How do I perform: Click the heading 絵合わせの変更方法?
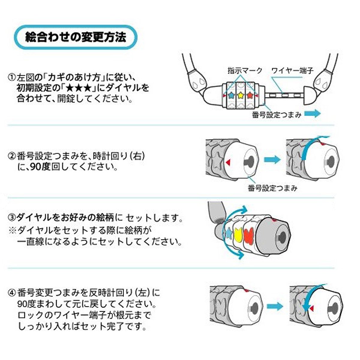(x=76, y=37)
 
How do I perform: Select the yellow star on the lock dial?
(x=240, y=95)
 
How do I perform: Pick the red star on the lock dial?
(x=250, y=95)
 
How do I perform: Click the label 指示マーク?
(x=245, y=70)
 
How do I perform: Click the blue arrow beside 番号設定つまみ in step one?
(x=313, y=113)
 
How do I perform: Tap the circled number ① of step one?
(x=12, y=77)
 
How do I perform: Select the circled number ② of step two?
(x=12, y=156)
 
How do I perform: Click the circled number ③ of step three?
(x=12, y=217)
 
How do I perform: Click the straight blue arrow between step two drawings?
(x=272, y=160)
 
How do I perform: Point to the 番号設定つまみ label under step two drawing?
(x=272, y=188)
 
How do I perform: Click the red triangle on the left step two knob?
(x=228, y=162)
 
